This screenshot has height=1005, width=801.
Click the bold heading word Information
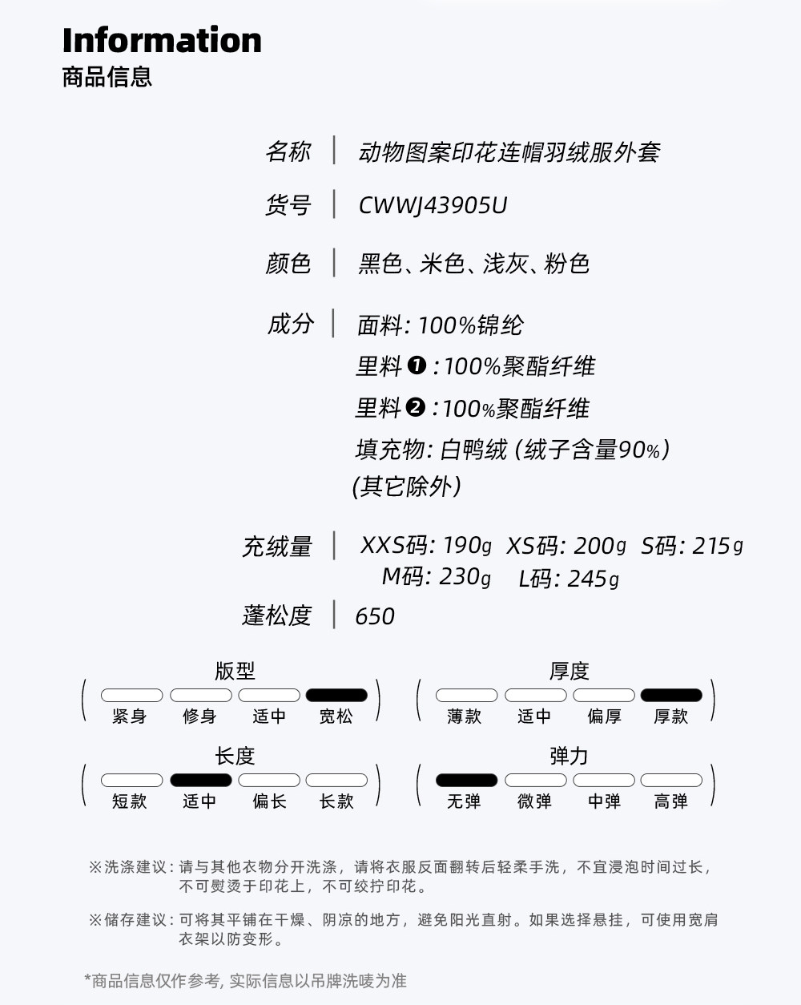pyautogui.click(x=162, y=40)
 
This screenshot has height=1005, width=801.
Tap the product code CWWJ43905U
pyautogui.click(x=433, y=206)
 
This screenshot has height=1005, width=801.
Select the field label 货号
pyautogui.click(x=288, y=205)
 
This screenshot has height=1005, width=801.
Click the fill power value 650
pyautogui.click(x=375, y=616)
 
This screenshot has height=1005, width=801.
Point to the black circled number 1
pyautogui.click(x=417, y=365)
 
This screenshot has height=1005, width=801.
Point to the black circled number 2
pyautogui.click(x=415, y=407)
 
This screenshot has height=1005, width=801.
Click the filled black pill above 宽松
pyautogui.click(x=336, y=695)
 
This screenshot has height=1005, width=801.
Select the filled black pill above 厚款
pyautogui.click(x=671, y=695)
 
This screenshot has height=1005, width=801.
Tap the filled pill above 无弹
pyautogui.click(x=466, y=780)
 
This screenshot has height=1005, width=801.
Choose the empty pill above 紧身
pyautogui.click(x=131, y=695)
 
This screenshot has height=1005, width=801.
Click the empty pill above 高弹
pyautogui.click(x=671, y=780)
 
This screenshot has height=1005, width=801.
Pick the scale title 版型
pyautogui.click(x=235, y=671)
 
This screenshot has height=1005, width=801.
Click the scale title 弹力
pyautogui.click(x=569, y=756)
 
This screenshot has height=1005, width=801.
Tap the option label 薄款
pyautogui.click(x=465, y=716)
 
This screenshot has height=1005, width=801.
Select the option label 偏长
pyautogui.click(x=269, y=801)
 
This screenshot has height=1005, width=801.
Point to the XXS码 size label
pyautogui.click(x=395, y=546)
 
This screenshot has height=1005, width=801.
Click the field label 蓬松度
pyautogui.click(x=276, y=616)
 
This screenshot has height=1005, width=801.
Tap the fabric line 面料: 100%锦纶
pyautogui.click(x=440, y=325)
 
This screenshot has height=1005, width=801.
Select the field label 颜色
pyautogui.click(x=288, y=263)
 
